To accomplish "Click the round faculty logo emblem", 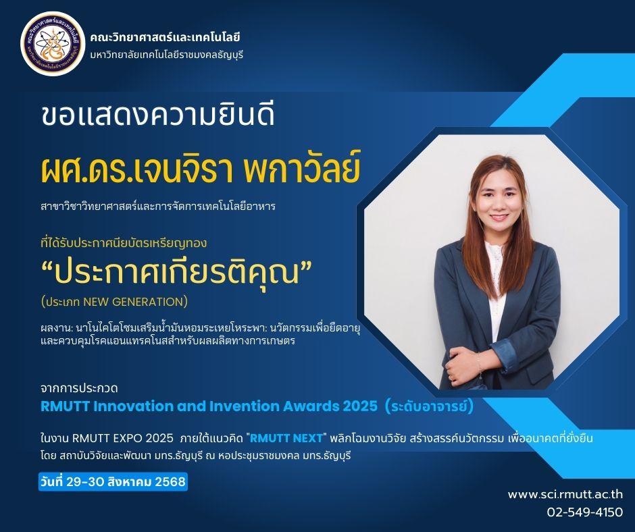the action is click(x=53, y=44).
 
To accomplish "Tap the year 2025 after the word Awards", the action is click(x=359, y=406).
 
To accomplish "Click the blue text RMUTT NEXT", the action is click(x=286, y=438).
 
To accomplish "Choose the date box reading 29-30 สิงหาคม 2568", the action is click(x=113, y=482).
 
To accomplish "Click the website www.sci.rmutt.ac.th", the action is click(x=565, y=494).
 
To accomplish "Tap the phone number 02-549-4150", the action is click(x=585, y=512).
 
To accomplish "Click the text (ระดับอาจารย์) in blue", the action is click(x=430, y=406).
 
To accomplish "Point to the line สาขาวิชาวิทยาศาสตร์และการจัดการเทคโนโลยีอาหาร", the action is click(x=158, y=207).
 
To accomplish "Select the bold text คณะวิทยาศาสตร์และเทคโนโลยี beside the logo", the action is click(x=166, y=38).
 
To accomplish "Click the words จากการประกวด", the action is click(x=80, y=389).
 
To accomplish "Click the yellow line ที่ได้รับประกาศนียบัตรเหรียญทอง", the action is click(x=124, y=243).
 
